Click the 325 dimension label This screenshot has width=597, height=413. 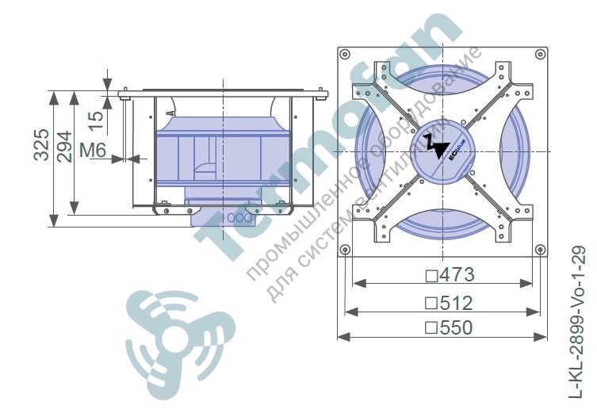41,144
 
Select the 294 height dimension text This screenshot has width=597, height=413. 64,147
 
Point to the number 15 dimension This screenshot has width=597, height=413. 97,120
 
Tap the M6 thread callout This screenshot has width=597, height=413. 93,151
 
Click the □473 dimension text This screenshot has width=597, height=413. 450,274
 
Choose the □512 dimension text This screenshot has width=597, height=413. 449,303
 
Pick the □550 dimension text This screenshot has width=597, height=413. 449,327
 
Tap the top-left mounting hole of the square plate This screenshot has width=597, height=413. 345,54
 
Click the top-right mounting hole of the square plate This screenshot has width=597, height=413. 540,54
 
